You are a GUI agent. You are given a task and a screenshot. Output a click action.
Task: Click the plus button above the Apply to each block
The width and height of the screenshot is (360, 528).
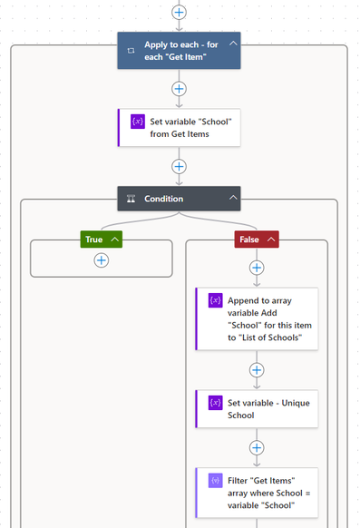click(179, 13)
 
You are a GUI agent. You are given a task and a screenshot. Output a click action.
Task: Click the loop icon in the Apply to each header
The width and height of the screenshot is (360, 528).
click(131, 51)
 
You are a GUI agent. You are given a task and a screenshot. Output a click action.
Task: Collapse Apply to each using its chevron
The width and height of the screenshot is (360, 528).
click(233, 44)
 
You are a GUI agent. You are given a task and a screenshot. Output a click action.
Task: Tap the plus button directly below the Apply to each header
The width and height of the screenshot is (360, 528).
click(179, 89)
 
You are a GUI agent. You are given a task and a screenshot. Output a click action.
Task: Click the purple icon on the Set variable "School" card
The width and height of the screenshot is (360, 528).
click(138, 122)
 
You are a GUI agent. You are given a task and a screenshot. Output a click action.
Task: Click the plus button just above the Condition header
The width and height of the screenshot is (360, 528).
click(179, 166)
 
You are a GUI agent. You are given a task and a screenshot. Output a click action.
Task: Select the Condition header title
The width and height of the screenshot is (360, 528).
click(163, 199)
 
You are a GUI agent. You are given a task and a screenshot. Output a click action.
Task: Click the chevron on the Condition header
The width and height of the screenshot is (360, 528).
click(233, 198)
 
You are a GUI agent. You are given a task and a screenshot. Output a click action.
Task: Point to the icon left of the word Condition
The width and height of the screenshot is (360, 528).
click(131, 199)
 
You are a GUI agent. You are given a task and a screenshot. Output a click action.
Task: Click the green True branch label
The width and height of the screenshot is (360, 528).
click(94, 239)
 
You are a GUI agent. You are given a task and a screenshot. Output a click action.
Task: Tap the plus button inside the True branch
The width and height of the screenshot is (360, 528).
click(101, 260)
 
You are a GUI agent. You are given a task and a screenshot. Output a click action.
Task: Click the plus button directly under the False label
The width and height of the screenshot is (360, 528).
click(257, 268)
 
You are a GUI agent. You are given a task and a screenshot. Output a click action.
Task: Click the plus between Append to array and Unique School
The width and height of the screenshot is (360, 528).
click(257, 370)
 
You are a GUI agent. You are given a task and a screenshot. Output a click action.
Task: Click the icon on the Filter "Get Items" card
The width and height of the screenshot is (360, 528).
click(215, 480)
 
